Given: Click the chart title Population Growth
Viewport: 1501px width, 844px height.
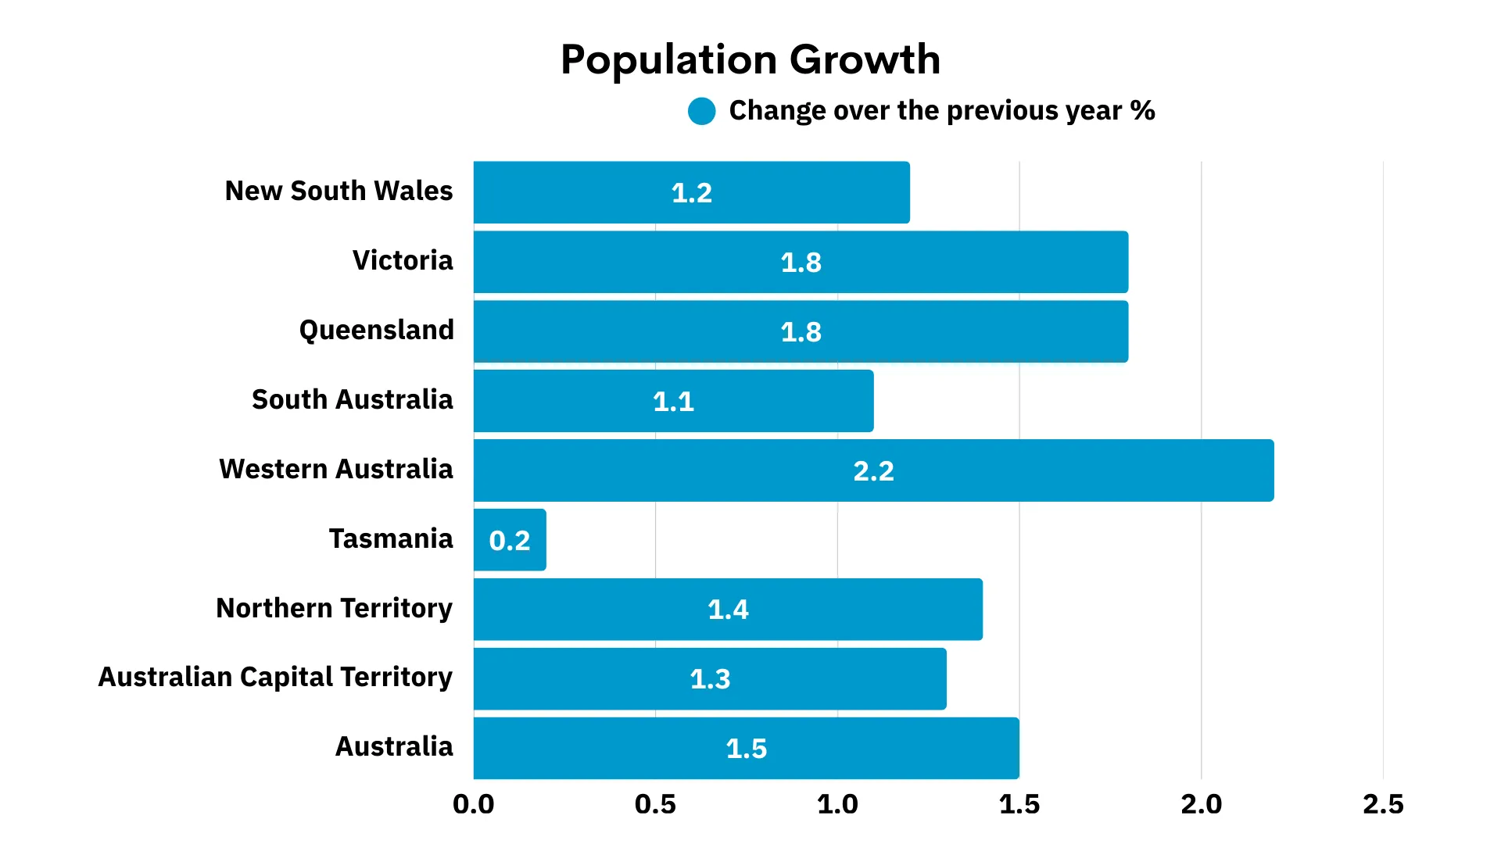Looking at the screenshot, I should pyautogui.click(x=750, y=59).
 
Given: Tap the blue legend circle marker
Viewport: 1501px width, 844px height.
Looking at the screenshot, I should pyautogui.click(x=701, y=111).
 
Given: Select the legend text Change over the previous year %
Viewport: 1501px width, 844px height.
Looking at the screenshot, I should pyautogui.click(x=941, y=111).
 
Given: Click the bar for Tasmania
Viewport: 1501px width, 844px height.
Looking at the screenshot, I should pyautogui.click(x=510, y=540).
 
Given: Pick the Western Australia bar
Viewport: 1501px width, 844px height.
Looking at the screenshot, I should pyautogui.click(x=873, y=470).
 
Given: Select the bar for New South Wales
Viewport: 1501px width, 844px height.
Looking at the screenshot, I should pyautogui.click(x=691, y=192).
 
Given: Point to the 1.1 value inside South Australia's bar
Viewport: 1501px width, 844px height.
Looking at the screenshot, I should pyautogui.click(x=673, y=402).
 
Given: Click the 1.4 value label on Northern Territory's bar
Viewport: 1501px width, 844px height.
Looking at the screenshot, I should pyautogui.click(x=728, y=610).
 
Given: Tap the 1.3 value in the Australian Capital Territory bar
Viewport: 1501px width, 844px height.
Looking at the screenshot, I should pyautogui.click(x=710, y=679).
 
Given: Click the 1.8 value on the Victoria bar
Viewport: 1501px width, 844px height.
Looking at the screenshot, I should pyautogui.click(x=801, y=263).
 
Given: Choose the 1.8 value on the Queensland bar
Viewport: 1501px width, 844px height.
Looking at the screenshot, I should pyautogui.click(x=801, y=332).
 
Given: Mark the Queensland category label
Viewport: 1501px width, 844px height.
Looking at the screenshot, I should pyautogui.click(x=376, y=330).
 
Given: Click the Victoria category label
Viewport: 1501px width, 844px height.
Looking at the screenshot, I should pyautogui.click(x=403, y=260).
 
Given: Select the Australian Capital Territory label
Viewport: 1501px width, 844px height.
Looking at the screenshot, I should pyautogui.click(x=275, y=677).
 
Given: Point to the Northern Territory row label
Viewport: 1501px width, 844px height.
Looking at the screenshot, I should pyautogui.click(x=334, y=608).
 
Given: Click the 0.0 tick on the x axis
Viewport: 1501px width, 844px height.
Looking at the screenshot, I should pyautogui.click(x=474, y=804).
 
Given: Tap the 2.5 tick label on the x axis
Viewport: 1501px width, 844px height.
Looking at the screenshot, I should pyautogui.click(x=1383, y=804).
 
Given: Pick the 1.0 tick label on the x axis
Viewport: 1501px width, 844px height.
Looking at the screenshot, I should pyautogui.click(x=837, y=804).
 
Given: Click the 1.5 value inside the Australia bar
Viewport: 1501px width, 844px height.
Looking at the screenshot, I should pyautogui.click(x=747, y=749).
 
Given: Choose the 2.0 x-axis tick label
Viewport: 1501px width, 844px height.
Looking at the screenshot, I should pyautogui.click(x=1201, y=804).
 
